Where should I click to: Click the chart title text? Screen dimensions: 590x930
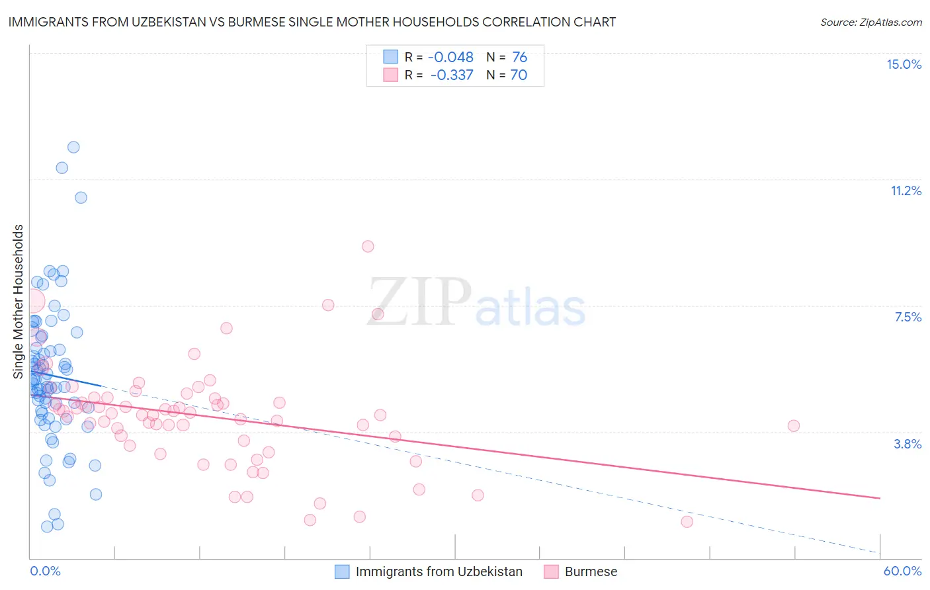(x=312, y=22)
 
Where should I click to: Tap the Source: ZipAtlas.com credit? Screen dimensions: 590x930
(x=870, y=22)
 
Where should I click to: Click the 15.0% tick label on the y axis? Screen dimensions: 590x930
(x=904, y=64)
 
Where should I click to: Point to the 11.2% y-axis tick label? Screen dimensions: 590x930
(x=906, y=190)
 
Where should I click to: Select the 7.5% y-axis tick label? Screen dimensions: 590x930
(x=908, y=317)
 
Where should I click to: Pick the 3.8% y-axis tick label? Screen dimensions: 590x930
(x=908, y=444)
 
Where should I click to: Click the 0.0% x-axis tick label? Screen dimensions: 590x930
(x=45, y=571)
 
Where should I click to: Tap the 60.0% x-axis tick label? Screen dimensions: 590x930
(x=902, y=571)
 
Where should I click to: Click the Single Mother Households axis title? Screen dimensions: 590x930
(x=19, y=302)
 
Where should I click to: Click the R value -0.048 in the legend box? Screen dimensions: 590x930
(x=450, y=58)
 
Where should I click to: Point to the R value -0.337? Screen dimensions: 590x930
(x=452, y=75)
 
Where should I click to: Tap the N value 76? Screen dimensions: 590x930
(x=519, y=58)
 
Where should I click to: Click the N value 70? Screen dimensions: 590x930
(x=519, y=75)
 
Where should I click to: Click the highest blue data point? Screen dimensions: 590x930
(x=73, y=147)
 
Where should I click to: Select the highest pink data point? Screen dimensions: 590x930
(x=368, y=246)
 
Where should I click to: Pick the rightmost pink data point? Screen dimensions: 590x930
(x=794, y=425)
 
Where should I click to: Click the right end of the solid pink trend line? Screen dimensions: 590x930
(x=880, y=498)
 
